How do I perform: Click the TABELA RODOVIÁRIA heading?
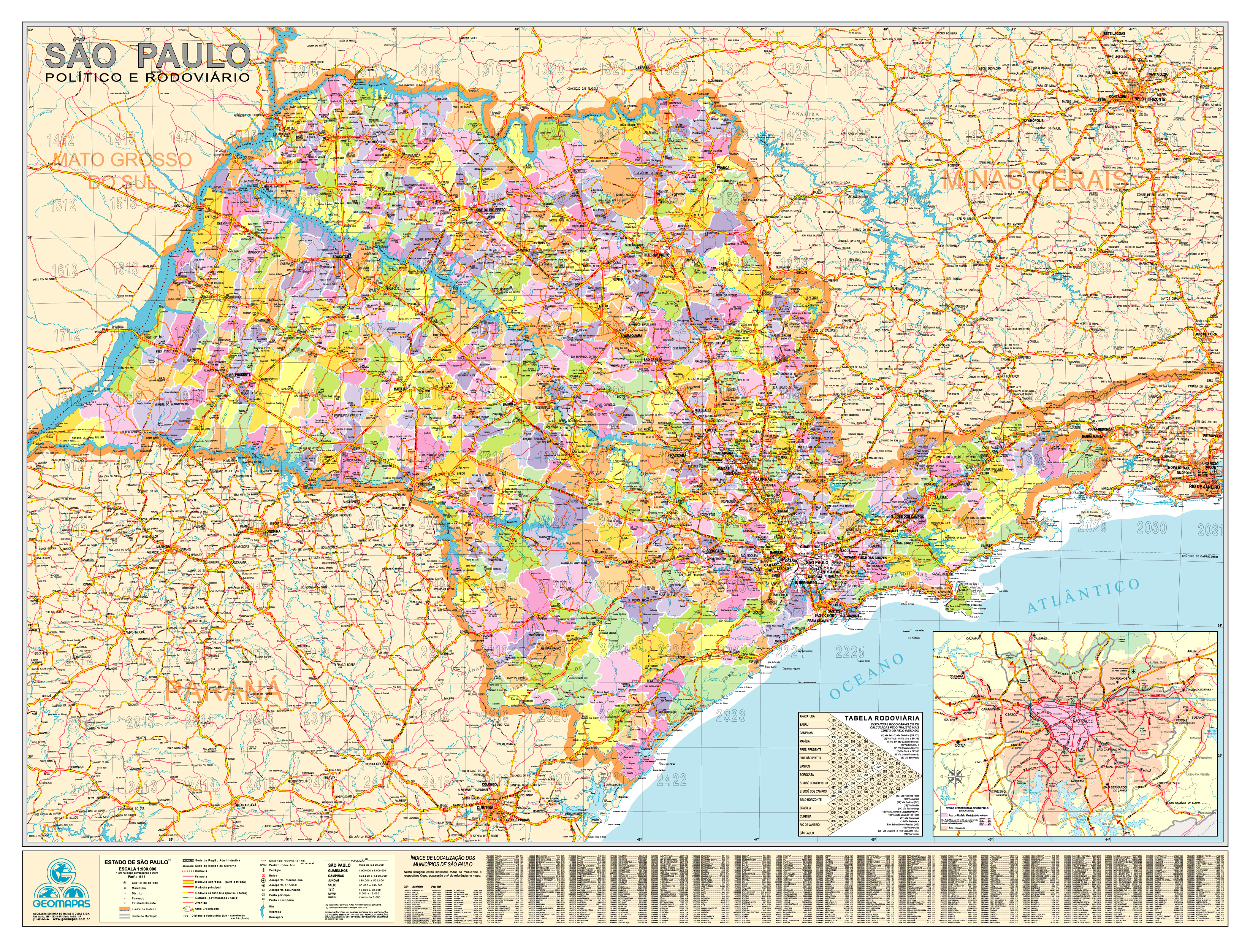click(882, 718)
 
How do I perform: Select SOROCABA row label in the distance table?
click(806, 774)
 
